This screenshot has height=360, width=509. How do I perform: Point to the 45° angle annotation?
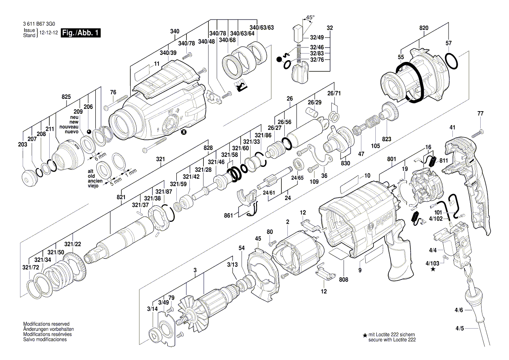pos(310,18)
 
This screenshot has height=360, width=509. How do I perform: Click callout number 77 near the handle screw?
pos(480,114)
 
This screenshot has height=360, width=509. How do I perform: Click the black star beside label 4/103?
pos(432,270)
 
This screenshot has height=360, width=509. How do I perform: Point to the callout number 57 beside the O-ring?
pos(449,43)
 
